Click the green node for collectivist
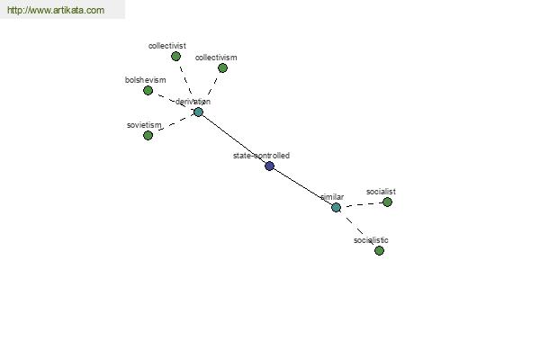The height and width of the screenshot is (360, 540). point(175,56)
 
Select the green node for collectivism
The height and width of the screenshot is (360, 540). point(222,67)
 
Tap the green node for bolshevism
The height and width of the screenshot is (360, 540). point(148,91)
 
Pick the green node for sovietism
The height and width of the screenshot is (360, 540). point(148,135)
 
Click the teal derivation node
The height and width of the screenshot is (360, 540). point(198,112)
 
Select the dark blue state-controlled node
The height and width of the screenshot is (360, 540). point(269,166)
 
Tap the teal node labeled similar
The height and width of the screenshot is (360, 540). point(336,207)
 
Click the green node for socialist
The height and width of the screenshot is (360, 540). point(387,202)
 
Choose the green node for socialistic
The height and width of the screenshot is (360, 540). point(379,250)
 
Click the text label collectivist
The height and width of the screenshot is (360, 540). point(167,46)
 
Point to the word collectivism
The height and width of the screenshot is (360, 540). point(216,58)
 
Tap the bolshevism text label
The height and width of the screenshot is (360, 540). point(145,80)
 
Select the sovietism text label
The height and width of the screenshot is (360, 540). point(144,125)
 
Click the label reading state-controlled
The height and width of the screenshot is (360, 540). point(261,156)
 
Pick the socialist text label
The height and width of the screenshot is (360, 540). point(381,192)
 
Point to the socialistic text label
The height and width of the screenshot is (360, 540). point(371,240)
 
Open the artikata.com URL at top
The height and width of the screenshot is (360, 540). point(56,10)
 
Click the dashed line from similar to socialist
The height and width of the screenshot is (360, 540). point(362,204)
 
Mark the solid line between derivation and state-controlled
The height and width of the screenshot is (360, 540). point(233,139)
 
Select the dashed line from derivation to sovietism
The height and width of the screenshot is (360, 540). point(173,123)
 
